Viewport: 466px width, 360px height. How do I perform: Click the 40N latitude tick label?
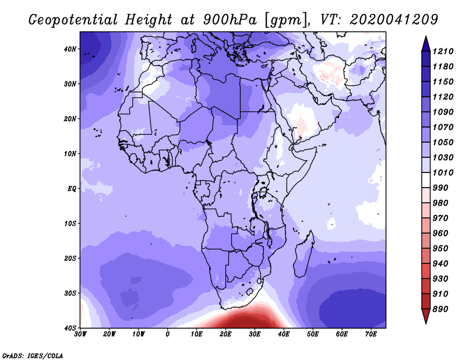(70, 49)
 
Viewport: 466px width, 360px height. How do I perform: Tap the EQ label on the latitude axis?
(72, 189)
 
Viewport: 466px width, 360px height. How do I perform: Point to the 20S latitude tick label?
(70, 258)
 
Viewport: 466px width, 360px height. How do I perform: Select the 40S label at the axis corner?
(70, 328)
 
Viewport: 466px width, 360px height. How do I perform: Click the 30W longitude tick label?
(80, 334)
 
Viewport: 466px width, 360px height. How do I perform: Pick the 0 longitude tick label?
(168, 334)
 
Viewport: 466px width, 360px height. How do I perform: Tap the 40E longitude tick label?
(284, 334)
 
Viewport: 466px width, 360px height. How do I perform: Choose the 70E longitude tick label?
(371, 334)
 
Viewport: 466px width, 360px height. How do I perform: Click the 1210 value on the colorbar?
(443, 51)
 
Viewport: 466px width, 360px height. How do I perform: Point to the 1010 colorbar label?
(443, 172)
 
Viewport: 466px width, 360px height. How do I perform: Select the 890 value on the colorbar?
(440, 309)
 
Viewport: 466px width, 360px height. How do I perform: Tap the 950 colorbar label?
(440, 249)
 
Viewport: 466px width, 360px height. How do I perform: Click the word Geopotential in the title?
(73, 20)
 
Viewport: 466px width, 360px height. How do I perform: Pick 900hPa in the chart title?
(230, 20)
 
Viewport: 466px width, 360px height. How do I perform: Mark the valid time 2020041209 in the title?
(394, 20)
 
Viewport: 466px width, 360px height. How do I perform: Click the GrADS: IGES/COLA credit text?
(33, 355)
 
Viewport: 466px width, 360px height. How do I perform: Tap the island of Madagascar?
(304, 254)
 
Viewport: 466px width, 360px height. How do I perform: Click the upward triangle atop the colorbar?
(426, 44)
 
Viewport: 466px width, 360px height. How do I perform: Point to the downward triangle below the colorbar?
(426, 316)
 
